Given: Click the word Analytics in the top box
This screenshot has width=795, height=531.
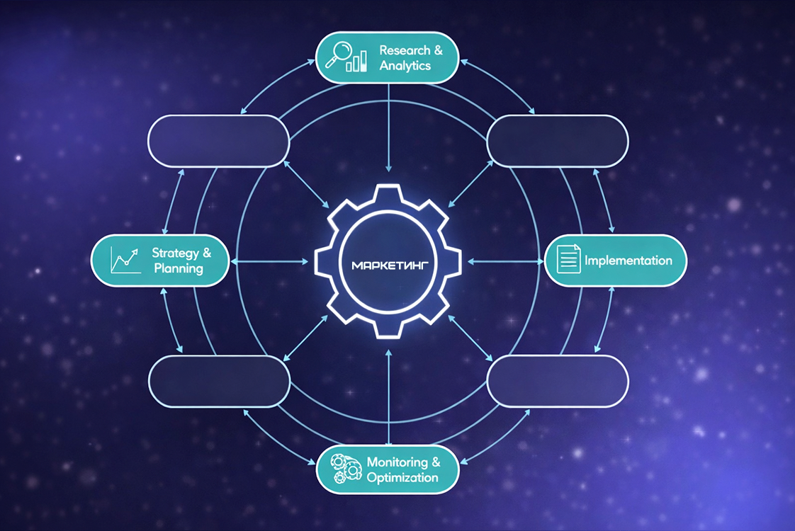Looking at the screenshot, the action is (x=405, y=66).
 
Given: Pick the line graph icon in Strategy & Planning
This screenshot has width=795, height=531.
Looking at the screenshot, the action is (x=124, y=260).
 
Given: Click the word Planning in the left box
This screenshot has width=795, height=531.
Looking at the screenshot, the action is (x=178, y=268).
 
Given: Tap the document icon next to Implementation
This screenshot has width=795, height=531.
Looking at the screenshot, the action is (x=568, y=258).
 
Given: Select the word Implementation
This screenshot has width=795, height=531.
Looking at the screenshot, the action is (x=628, y=261).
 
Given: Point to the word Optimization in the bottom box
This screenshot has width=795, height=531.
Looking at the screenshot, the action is (x=402, y=477).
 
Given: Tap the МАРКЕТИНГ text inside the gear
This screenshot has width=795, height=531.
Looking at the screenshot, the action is (x=388, y=265).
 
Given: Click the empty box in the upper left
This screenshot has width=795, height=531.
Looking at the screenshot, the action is (x=218, y=141).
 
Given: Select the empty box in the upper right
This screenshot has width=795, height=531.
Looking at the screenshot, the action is (x=558, y=141).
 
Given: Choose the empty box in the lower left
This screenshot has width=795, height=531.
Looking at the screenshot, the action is (x=219, y=381).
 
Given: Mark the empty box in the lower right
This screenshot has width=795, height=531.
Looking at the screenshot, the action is (x=558, y=381).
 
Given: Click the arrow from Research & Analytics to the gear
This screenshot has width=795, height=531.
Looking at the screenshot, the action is (x=389, y=127).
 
